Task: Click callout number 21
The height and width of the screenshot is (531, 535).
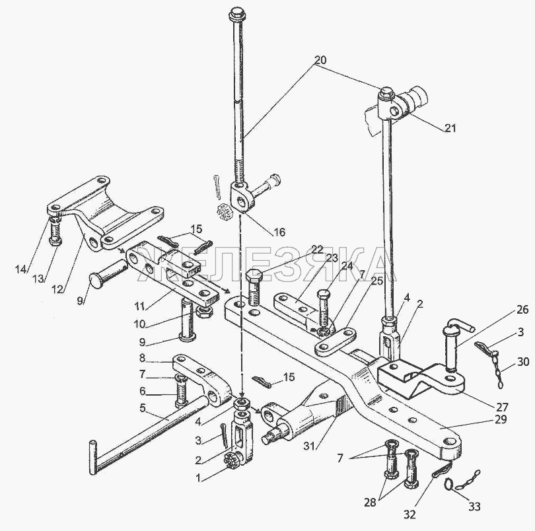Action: pos(450,128)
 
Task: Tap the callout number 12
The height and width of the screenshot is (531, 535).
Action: pos(57,289)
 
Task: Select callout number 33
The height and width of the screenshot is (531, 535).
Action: pos(474,507)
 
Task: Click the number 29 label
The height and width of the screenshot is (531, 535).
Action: pos(500,419)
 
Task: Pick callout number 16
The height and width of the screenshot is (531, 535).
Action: pos(279,232)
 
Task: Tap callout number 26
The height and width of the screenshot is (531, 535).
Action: pos(522,310)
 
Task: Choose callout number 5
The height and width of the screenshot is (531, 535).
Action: pos(143,407)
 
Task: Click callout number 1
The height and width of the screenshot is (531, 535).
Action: pos(198,478)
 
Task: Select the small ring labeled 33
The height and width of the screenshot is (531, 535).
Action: pos(449,485)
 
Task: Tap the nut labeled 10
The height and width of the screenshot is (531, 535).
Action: pos(205,312)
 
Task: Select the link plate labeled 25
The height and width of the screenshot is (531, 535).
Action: pos(336,340)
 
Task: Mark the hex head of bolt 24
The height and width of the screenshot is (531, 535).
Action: pos(324,294)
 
